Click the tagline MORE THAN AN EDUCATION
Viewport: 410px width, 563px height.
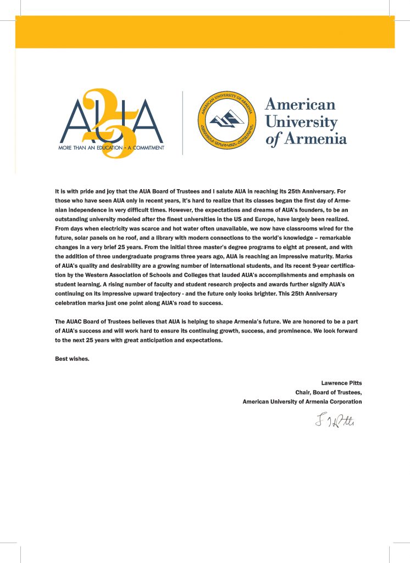pos(82,147)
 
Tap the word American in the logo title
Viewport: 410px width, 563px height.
pos(300,104)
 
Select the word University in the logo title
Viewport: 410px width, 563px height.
pos(301,122)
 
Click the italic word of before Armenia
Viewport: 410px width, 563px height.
pos(273,139)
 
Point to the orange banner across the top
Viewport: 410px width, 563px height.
pos(204,31)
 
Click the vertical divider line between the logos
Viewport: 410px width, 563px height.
pos(182,123)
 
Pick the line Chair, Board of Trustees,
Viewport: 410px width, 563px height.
pos(329,392)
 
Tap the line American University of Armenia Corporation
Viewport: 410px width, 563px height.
pos(302,401)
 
